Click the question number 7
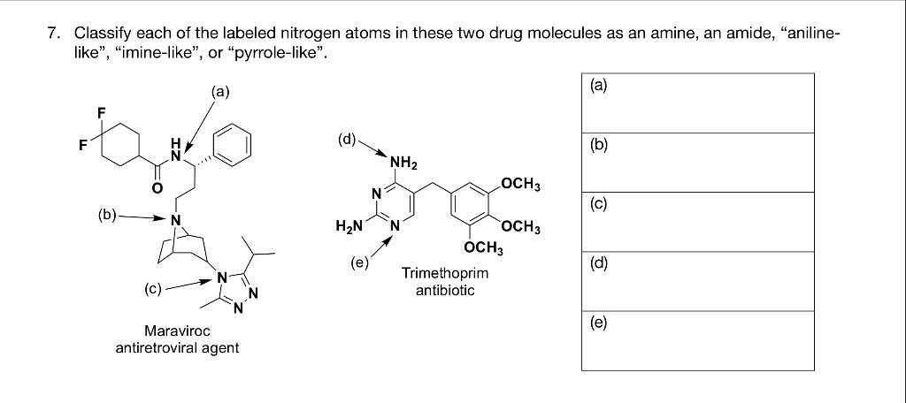(54, 34)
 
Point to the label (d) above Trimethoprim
(348, 138)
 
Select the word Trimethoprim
(445, 273)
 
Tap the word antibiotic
(445, 290)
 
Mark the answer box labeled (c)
(697, 222)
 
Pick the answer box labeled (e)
(697, 340)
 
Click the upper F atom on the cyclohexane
(101, 114)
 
